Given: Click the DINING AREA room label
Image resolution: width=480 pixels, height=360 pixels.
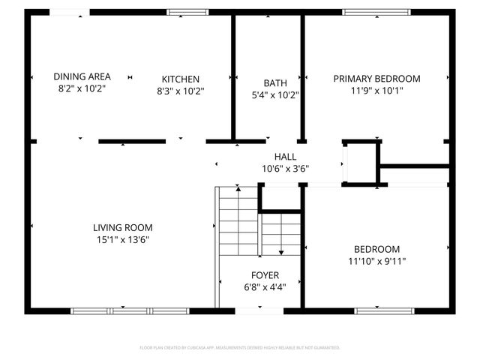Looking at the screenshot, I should (x=82, y=76).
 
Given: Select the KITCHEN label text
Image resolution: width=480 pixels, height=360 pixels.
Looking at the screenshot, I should (x=181, y=79).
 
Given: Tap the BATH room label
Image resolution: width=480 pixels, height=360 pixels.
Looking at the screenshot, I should (x=274, y=82).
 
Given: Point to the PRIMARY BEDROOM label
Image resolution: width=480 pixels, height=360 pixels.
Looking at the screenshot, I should (x=376, y=78).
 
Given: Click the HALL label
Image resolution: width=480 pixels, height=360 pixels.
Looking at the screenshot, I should (x=285, y=156).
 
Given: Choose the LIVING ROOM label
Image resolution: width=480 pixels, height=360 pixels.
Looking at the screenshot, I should (x=123, y=227).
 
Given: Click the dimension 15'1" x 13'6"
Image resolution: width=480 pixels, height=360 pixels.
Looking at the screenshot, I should (x=123, y=240).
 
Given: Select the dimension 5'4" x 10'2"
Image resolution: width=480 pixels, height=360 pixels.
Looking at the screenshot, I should (x=274, y=94).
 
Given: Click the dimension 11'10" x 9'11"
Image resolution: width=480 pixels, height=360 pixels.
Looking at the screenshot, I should (x=376, y=261).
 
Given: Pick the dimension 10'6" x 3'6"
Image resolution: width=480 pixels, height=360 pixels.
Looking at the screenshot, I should (x=285, y=169).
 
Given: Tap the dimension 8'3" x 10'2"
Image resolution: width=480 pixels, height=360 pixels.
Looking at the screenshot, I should (x=181, y=91).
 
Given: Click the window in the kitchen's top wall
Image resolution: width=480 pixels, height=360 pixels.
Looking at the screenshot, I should (x=188, y=12).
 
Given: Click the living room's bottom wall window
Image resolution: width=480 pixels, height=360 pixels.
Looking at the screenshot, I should (x=121, y=310).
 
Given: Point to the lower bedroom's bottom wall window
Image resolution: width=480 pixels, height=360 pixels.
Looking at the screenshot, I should (x=376, y=310).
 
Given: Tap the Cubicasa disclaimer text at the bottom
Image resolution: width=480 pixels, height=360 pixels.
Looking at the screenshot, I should (x=240, y=348).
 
